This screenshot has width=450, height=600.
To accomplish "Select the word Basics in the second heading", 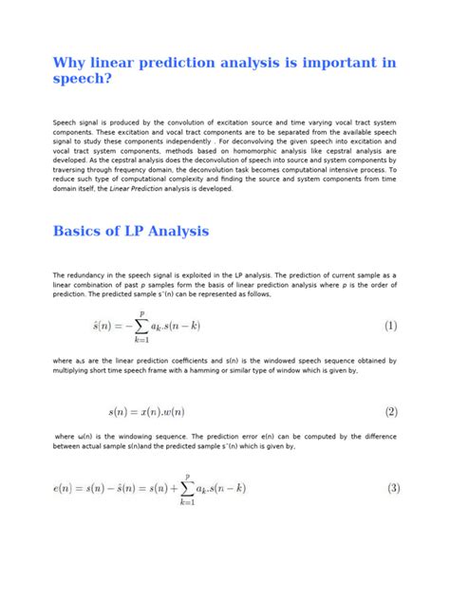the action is click(82, 231).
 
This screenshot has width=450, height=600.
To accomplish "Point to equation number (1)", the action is click(390, 326).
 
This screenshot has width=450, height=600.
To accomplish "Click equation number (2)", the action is click(390, 412).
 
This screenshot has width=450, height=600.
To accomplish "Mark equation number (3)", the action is click(390, 489).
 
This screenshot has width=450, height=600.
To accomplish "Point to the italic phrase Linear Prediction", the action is click(111, 188).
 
